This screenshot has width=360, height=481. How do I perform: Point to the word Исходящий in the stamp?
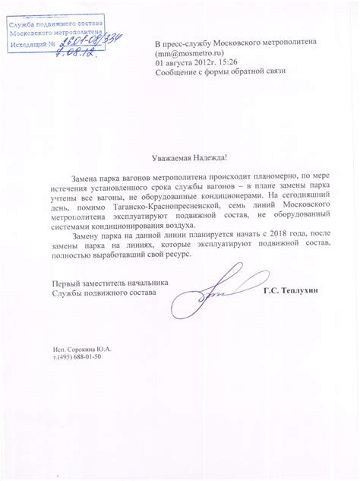(27, 46)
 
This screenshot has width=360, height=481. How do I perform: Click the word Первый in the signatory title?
(65, 283)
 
